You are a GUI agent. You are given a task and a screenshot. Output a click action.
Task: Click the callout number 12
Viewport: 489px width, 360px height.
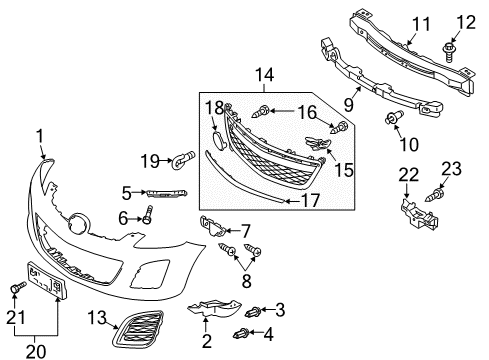pos(466,22)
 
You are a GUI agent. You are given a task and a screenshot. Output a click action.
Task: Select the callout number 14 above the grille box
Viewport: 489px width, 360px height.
pos(264,75)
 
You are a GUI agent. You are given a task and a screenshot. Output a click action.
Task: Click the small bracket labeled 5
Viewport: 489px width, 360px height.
pos(166,193)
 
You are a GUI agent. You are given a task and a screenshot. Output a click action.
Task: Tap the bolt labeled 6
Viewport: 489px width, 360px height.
pos(148,214)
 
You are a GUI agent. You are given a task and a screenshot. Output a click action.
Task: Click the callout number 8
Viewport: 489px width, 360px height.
pos(246,281)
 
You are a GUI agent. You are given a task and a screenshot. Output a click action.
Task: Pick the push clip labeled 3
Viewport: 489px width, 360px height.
pos(253,312)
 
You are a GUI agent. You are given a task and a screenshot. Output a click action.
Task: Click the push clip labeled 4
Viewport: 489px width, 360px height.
pos(241,333)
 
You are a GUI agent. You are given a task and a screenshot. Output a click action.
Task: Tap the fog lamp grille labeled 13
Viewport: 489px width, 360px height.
pos(138,329)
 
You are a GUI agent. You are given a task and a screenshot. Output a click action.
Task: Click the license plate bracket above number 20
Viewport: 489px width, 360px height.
pos(47,280)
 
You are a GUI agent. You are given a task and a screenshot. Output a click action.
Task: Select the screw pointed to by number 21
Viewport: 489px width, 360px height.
pos(17,288)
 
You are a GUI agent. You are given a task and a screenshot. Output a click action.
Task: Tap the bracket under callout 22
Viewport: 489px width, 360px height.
pos(419,214)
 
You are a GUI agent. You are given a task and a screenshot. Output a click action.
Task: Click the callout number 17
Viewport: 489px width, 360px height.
pos(310,200)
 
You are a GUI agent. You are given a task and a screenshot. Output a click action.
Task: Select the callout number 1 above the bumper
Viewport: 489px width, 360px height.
pos(40,137)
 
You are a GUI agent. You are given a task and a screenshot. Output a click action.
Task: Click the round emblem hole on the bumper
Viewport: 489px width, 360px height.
pos(79,223)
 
